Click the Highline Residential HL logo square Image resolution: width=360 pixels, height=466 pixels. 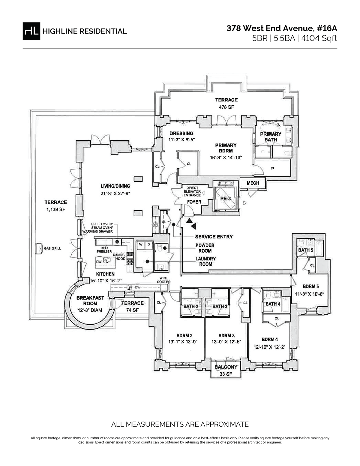click(x=31, y=31)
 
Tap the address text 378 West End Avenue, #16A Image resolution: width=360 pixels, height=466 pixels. click(x=282, y=28)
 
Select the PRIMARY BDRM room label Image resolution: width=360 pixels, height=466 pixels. click(x=226, y=148)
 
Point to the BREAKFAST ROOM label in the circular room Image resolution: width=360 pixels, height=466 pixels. click(x=90, y=301)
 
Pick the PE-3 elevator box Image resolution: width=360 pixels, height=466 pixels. click(x=225, y=199)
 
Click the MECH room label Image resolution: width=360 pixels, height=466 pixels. click(x=253, y=183)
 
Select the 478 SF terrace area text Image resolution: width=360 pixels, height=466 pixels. click(x=226, y=107)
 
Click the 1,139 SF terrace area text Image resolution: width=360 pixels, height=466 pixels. click(x=55, y=210)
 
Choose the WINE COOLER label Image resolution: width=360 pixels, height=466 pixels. click(x=165, y=280)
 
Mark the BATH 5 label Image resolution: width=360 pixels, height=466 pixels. click(x=305, y=250)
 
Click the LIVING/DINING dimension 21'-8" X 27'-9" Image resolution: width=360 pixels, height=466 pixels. click(x=115, y=194)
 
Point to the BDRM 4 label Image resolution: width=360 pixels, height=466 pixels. click(x=269, y=339)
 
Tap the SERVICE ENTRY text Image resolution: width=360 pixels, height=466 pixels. click(x=214, y=236)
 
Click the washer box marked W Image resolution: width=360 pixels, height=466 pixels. click(x=140, y=245)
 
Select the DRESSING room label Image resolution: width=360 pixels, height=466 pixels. click(x=181, y=134)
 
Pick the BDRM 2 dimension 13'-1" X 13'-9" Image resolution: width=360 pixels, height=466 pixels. click(x=182, y=341)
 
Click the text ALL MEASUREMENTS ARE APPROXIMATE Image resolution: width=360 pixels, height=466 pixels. click(x=180, y=424)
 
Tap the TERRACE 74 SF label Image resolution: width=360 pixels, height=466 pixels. click(x=132, y=306)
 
